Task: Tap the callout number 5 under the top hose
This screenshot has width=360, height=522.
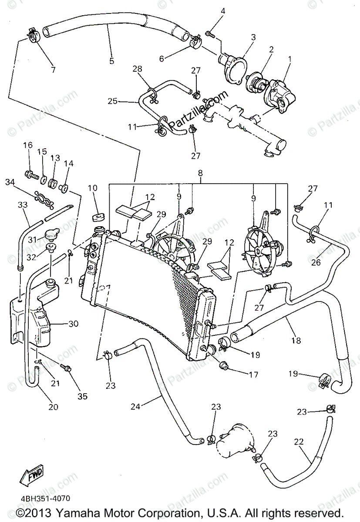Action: point(112,61)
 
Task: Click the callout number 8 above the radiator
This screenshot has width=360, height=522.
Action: point(200,173)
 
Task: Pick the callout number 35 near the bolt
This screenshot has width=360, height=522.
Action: point(82,396)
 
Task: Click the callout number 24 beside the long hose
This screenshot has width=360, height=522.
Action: point(136,407)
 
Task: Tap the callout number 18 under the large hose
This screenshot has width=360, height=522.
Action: point(296,341)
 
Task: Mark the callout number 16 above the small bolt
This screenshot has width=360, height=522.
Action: point(28,145)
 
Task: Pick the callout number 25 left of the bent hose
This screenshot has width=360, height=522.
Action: point(113,101)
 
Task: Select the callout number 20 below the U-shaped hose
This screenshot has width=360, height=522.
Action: point(53,407)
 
